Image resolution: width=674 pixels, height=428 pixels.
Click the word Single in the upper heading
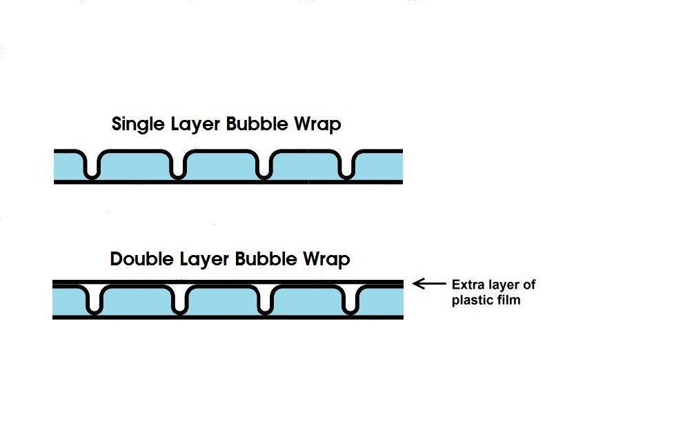138,125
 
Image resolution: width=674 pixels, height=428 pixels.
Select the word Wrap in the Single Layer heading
317,125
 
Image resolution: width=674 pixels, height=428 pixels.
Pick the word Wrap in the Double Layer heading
327,259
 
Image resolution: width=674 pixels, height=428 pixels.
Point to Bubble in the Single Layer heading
257,123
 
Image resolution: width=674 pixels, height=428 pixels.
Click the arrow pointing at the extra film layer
429,283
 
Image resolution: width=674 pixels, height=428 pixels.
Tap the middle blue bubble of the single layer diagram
221,167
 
